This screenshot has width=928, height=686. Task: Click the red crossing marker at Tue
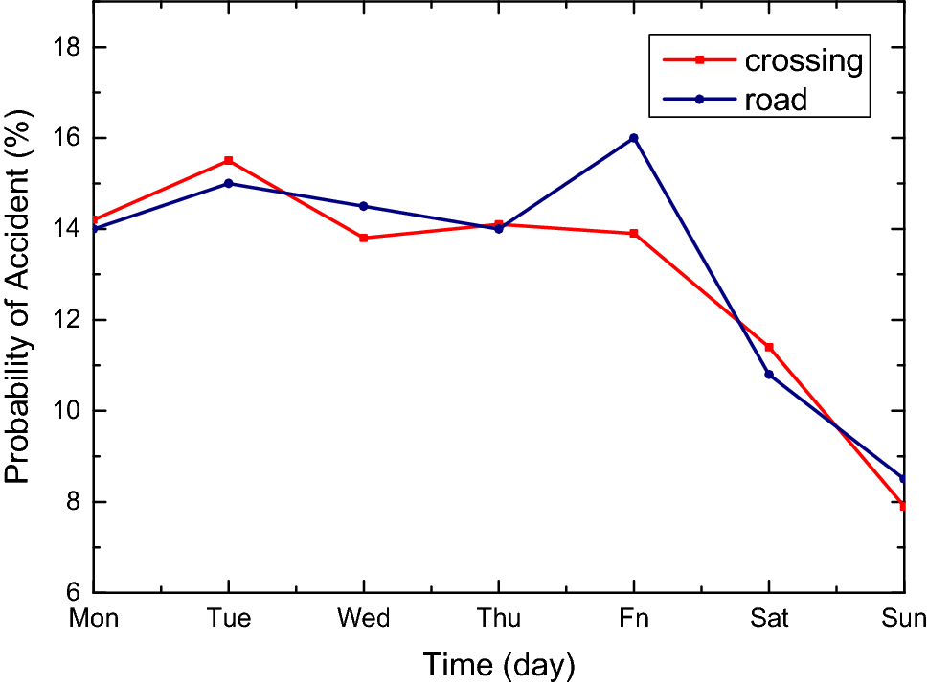tap(228, 161)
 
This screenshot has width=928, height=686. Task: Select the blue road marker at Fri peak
tap(633, 138)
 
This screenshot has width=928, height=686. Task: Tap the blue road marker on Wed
tap(363, 206)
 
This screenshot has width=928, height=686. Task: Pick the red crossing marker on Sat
tap(768, 347)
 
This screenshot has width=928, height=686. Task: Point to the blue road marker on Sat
tap(768, 375)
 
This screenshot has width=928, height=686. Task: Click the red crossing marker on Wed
tap(363, 238)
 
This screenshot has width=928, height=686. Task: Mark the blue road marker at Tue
tap(228, 183)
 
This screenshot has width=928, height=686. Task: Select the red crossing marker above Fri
tap(633, 234)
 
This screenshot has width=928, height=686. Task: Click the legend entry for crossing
tap(803, 60)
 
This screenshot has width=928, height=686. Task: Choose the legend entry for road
tap(776, 99)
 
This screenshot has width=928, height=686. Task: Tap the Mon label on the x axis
tap(94, 619)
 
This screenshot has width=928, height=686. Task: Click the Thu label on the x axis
tap(498, 619)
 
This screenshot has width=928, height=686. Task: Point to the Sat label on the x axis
tap(768, 619)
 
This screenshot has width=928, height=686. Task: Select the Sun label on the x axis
tap(902, 619)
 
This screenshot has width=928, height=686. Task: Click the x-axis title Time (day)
tap(498, 664)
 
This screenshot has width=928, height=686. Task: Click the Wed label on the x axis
tap(363, 619)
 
